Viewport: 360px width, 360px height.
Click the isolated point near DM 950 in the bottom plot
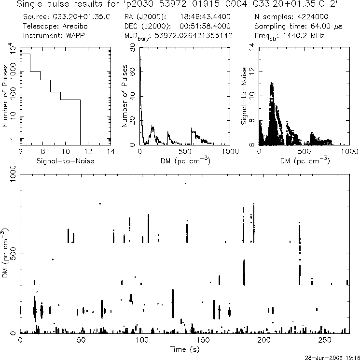(185, 183)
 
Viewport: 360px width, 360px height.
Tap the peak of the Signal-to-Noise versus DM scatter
(272, 83)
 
